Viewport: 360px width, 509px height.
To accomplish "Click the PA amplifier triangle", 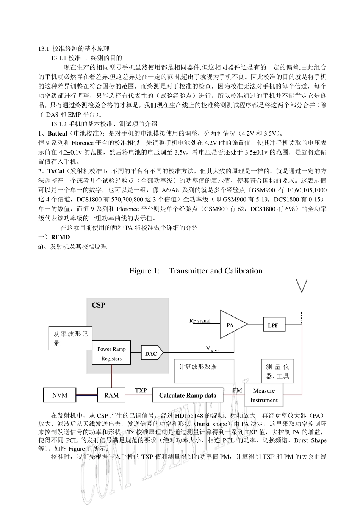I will [231, 325].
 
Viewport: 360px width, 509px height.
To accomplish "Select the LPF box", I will [273, 325].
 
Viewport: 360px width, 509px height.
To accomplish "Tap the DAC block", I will [151, 353].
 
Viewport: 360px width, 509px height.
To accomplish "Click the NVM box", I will [60, 395].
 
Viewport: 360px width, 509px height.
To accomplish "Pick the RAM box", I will [111, 395].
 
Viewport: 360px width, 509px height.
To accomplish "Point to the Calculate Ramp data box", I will [188, 395].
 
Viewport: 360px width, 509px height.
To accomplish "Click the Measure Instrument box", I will [264, 395].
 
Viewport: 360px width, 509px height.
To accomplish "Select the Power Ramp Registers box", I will [111, 353].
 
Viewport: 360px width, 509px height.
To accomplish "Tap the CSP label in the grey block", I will [99, 305].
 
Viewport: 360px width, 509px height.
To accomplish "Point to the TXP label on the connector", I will [141, 390].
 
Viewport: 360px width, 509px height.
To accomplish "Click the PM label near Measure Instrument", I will [237, 390].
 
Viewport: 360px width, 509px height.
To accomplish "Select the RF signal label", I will [200, 320].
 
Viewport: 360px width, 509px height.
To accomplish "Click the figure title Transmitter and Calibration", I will [196, 271].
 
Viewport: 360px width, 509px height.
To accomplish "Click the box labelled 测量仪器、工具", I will [277, 371].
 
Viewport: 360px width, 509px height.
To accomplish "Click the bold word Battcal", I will [57, 133].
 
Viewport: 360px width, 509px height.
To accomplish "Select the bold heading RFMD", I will [60, 237].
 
